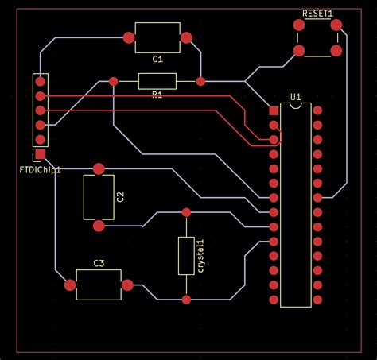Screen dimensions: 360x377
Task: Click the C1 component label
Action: pyautogui.click(x=157, y=60)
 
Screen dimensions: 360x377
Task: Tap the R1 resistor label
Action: pyautogui.click(x=157, y=95)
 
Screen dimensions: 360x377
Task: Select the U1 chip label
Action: pyautogui.click(x=296, y=97)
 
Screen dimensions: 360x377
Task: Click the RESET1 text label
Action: pyautogui.click(x=317, y=14)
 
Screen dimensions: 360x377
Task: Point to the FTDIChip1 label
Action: pyautogui.click(x=40, y=169)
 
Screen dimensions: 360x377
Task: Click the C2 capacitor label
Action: pyautogui.click(x=120, y=196)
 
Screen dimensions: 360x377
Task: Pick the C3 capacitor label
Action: pyautogui.click(x=99, y=263)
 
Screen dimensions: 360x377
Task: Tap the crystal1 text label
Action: pyautogui.click(x=200, y=255)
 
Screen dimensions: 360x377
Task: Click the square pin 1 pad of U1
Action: pyautogui.click(x=274, y=110)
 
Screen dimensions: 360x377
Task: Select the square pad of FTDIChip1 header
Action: pyautogui.click(x=40, y=154)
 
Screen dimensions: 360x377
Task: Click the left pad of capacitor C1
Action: pyautogui.click(x=130, y=37)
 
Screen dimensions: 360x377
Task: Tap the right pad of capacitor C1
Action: pyautogui.click(x=186, y=37)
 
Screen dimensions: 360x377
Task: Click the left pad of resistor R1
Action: pyautogui.click(x=114, y=81)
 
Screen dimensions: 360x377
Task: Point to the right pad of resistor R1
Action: pyautogui.click(x=200, y=81)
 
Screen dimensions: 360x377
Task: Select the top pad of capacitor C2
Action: pyautogui.click(x=99, y=168)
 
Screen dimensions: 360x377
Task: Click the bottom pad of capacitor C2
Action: pyautogui.click(x=99, y=226)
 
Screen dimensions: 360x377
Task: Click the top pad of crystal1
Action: pyautogui.click(x=186, y=212)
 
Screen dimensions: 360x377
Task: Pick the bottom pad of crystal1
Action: pyautogui.click(x=186, y=299)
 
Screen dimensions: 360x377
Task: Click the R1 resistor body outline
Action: pyautogui.click(x=157, y=80)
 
